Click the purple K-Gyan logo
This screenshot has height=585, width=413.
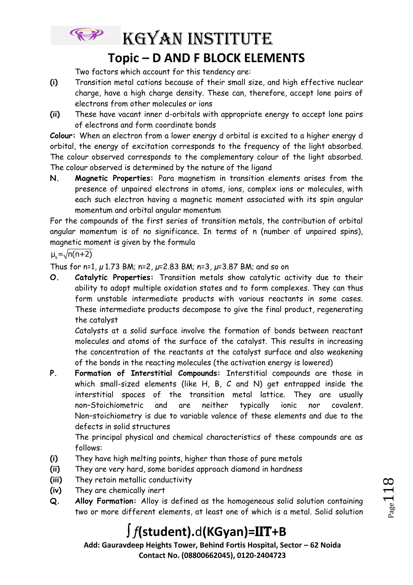click(87, 35)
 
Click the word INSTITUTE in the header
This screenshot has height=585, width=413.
click(230, 39)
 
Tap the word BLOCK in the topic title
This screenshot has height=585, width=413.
click(219, 58)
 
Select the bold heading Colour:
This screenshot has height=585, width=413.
click(62, 136)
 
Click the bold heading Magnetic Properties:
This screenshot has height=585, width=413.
click(114, 178)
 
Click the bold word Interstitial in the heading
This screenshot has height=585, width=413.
click(151, 373)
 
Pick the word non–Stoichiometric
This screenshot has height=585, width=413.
click(109, 405)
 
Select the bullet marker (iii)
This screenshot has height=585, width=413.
click(56, 480)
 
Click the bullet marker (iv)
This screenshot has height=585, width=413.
click(56, 490)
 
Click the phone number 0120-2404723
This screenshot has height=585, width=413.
click(261, 555)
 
